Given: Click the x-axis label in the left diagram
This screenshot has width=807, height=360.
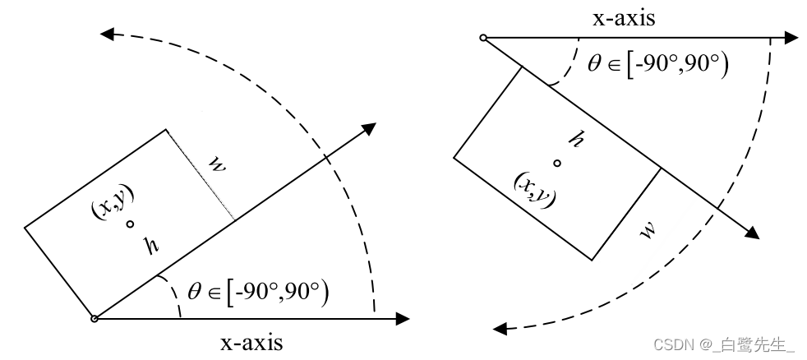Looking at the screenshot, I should [x=251, y=342].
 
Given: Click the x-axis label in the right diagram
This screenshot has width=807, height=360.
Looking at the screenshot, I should [x=624, y=18].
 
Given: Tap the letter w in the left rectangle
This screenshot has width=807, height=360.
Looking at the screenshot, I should [x=216, y=164].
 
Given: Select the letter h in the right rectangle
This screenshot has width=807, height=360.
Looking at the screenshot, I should [x=577, y=141].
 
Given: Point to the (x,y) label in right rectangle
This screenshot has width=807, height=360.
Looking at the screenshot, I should [x=534, y=190].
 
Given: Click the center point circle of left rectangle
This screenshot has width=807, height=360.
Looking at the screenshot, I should [x=130, y=224].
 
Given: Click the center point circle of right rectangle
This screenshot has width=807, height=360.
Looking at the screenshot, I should [x=556, y=163].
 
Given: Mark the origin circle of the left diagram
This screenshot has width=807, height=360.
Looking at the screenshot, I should [x=94, y=318].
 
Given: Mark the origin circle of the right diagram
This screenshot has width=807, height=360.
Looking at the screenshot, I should [x=483, y=38].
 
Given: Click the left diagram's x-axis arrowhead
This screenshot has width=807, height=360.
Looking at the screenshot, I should [x=403, y=318].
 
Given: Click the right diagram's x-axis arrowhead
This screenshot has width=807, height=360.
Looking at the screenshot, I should [x=791, y=38].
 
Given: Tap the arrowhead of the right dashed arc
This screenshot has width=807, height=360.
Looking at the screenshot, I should [x=500, y=330].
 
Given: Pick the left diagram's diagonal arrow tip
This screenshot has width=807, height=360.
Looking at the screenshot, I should [x=370, y=128].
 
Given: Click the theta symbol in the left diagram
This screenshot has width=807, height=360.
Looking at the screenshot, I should [x=194, y=289].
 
